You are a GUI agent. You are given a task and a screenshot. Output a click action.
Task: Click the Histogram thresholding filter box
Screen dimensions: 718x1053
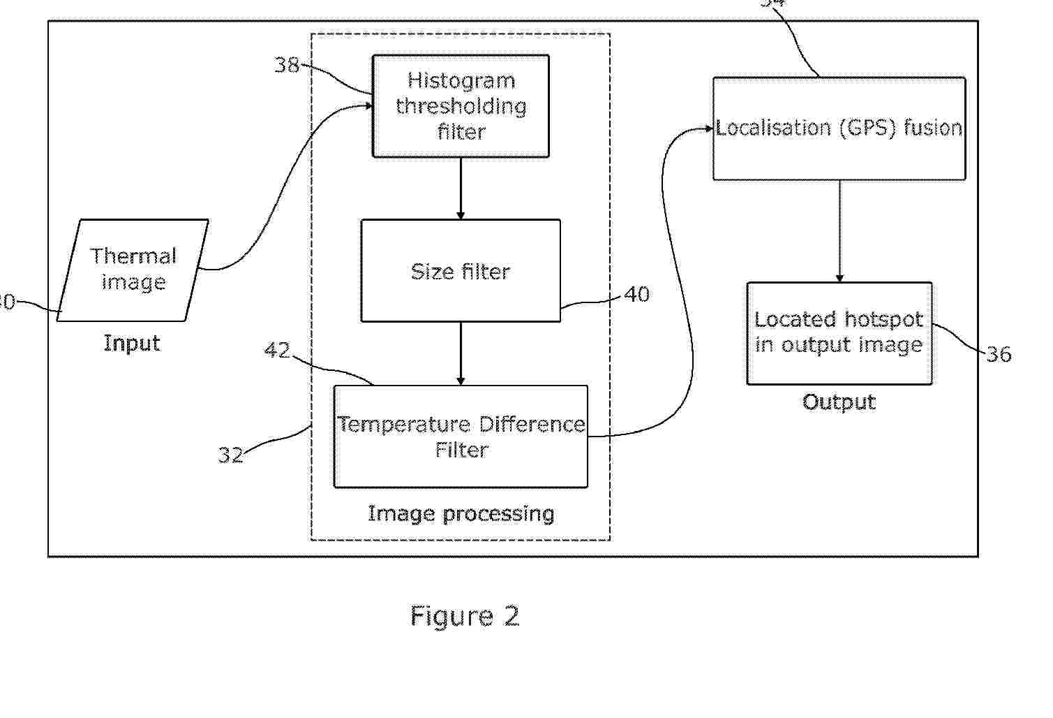(461, 106)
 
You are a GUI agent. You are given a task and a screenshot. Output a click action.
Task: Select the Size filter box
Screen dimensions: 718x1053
(461, 271)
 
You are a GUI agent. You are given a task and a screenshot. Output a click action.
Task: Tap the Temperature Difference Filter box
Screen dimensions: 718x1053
(461, 437)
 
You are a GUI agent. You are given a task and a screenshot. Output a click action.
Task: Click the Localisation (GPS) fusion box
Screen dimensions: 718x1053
(839, 129)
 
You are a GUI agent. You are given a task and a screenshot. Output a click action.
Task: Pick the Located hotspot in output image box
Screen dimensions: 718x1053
(839, 333)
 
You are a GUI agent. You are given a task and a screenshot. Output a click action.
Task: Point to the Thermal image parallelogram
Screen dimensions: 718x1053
(133, 270)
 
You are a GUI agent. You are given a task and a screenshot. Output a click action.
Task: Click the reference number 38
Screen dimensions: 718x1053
(286, 65)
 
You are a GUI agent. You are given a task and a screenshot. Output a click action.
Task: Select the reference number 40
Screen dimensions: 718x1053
(636, 294)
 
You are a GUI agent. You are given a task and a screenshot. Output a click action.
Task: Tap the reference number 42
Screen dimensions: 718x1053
(277, 349)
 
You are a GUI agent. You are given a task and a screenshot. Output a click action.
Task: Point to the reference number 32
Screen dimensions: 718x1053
(230, 455)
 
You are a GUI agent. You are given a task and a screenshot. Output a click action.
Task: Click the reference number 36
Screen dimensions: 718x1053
(999, 354)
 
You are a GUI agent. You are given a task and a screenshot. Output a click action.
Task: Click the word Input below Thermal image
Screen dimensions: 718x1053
(132, 343)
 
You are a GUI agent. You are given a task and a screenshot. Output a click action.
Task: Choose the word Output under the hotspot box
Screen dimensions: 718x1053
(839, 402)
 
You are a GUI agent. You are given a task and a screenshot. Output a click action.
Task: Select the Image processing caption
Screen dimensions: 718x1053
(461, 513)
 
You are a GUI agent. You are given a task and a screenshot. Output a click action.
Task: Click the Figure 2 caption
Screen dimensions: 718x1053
(465, 616)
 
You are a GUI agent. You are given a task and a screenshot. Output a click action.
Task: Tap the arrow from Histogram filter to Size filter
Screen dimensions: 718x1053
(461, 189)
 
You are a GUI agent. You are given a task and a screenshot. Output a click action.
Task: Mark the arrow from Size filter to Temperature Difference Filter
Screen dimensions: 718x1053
(461, 353)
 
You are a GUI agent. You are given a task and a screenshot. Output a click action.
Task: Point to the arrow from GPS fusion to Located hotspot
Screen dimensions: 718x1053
(839, 231)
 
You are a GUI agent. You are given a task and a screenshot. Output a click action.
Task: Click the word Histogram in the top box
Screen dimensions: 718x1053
(461, 80)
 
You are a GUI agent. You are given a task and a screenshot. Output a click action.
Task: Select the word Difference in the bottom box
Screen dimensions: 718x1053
(532, 424)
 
